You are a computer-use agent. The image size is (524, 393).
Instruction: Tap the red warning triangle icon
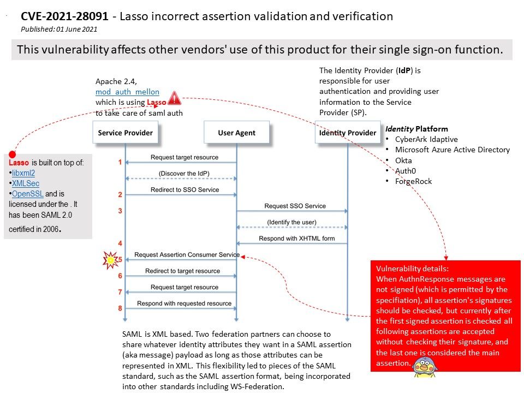[174, 98]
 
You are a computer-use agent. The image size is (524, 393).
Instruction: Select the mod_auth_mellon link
[127, 92]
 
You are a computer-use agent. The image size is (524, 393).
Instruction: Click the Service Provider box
[125, 133]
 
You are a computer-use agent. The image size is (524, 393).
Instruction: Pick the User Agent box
[236, 133]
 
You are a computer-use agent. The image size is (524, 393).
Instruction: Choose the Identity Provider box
[348, 133]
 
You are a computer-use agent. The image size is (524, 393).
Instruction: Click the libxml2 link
[23, 173]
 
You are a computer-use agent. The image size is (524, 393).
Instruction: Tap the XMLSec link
[26, 183]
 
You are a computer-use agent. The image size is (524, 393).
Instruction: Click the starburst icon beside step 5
[111, 260]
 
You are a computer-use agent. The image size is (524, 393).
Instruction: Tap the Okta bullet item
[403, 160]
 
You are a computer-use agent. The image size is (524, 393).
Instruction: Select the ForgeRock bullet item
[413, 181]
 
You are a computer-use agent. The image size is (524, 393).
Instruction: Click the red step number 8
[120, 308]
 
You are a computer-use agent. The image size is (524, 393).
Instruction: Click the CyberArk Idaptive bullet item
[426, 139]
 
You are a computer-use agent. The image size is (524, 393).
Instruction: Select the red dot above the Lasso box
[12, 156]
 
